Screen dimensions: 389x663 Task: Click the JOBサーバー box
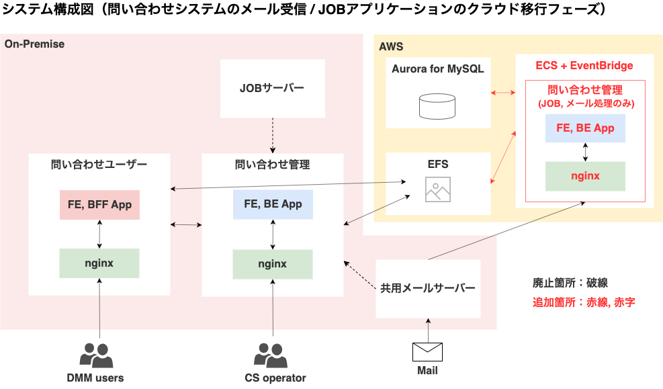tap(272, 88)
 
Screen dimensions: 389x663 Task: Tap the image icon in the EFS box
tap(437, 189)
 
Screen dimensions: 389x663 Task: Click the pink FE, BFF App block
tap(99, 204)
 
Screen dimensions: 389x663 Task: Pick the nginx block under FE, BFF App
tap(99, 263)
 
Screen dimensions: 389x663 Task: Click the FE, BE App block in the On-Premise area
tap(273, 204)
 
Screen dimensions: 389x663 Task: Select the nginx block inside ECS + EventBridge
tap(585, 176)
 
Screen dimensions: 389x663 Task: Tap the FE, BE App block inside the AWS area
tap(585, 128)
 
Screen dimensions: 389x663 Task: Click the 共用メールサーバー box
tap(428, 288)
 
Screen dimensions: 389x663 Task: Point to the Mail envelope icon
tap(427, 351)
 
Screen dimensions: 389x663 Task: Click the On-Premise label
tap(35, 44)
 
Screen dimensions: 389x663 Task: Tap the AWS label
tap(391, 47)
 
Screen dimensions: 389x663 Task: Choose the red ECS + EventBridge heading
tap(584, 66)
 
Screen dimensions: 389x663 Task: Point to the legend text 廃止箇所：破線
tap(570, 282)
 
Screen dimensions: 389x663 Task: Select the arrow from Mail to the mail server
tap(427, 329)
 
